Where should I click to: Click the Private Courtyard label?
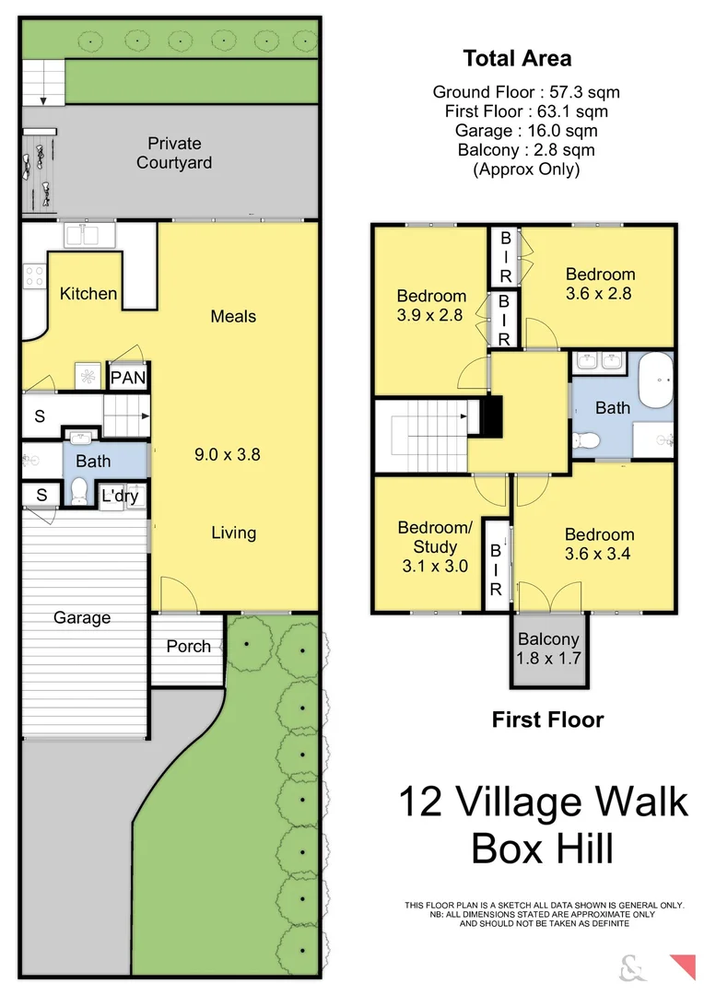174,153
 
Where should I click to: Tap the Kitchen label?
88,294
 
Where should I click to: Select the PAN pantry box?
128,377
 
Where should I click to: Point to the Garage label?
82,618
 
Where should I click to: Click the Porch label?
188,647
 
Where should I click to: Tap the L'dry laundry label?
120,497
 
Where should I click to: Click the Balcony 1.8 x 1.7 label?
548,649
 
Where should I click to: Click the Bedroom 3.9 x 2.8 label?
431,305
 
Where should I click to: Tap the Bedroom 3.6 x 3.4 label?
599,544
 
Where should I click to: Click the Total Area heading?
517,59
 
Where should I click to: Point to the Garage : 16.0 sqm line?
526,130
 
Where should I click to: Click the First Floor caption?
547,720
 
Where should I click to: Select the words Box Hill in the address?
542,848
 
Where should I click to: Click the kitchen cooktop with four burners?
34,277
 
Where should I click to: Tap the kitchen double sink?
88,236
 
